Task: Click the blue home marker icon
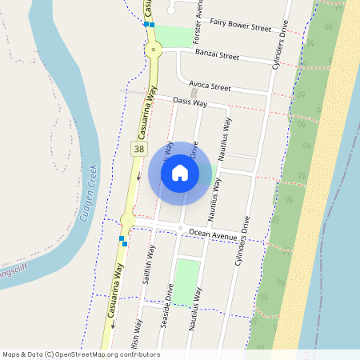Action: click(x=180, y=172)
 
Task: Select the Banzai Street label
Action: click(x=217, y=56)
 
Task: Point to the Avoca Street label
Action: click(x=210, y=86)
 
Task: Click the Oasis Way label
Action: click(x=190, y=102)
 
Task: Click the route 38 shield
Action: click(x=139, y=149)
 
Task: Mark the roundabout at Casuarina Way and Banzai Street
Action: click(x=154, y=50)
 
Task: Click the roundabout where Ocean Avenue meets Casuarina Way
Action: click(x=128, y=219)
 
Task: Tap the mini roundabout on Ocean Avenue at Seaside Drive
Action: click(x=181, y=229)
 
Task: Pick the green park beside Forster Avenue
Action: click(x=174, y=36)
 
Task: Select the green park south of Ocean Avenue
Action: click(x=187, y=282)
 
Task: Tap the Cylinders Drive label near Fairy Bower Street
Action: click(x=279, y=44)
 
